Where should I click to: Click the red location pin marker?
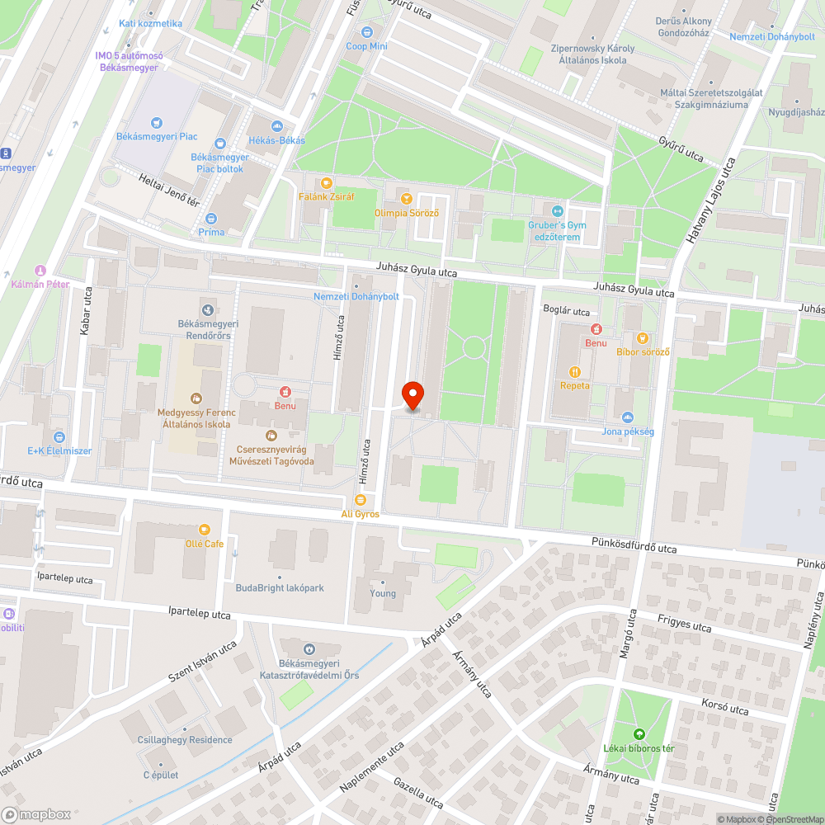point(412,394)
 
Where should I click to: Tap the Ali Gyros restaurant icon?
point(360,500)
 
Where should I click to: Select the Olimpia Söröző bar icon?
point(406,198)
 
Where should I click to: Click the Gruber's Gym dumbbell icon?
point(556,210)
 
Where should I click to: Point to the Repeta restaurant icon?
point(575,371)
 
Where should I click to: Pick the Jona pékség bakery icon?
point(628,417)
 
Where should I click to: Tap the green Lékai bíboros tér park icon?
point(638,734)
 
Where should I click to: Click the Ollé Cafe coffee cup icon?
point(204,530)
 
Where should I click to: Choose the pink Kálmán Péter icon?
point(40,271)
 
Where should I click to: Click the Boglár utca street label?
point(566,312)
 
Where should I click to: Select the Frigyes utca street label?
point(685,623)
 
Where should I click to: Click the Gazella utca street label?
point(419,793)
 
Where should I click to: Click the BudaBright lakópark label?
point(279,588)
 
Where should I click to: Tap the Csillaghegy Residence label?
point(185,740)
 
